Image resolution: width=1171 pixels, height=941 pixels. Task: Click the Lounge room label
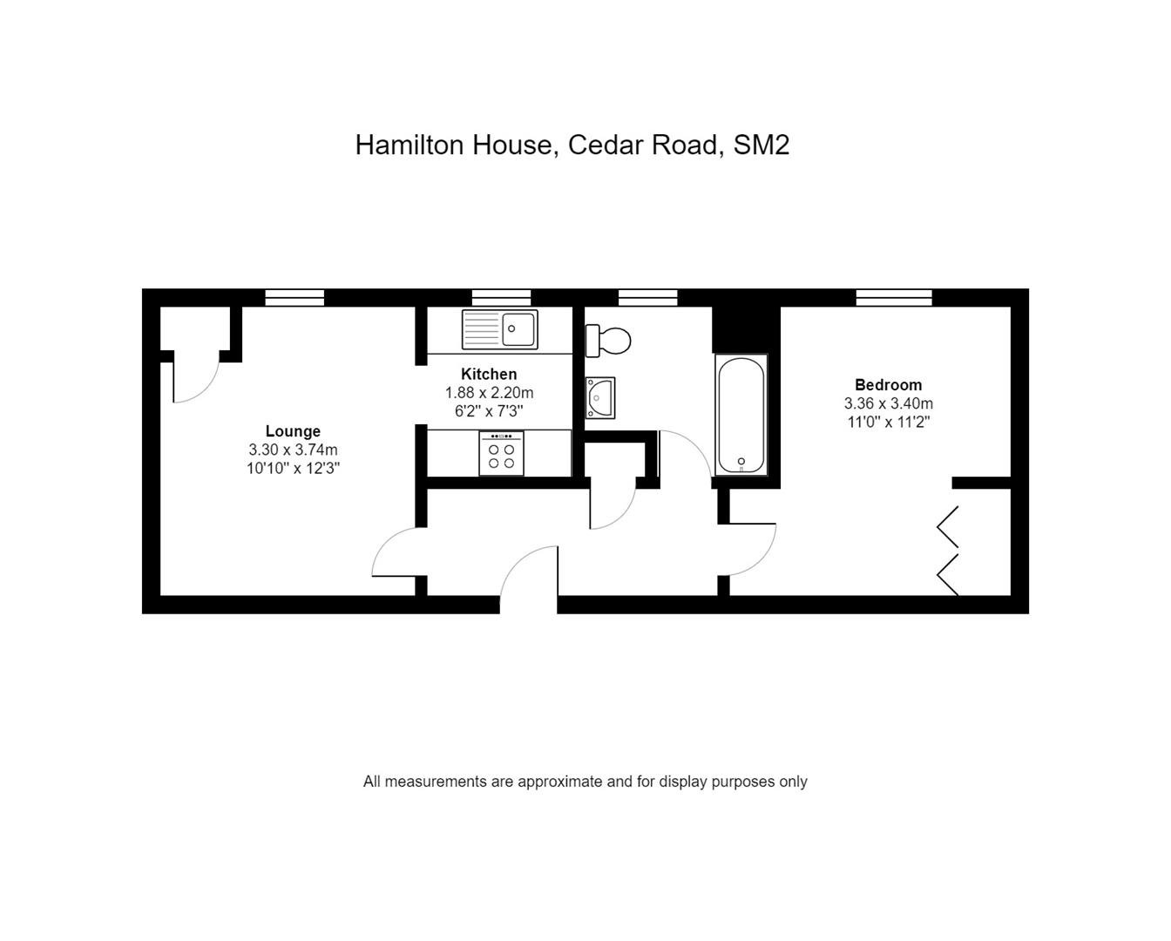[x=293, y=431]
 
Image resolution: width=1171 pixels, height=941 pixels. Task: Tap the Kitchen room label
[x=489, y=374]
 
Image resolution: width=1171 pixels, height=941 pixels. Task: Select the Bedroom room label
[x=889, y=385]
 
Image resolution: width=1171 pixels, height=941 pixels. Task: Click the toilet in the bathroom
[x=607, y=341]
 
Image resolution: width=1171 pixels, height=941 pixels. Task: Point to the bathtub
[x=741, y=415]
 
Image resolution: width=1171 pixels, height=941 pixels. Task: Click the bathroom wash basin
[x=600, y=398]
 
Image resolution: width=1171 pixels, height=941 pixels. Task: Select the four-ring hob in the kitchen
[x=501, y=453]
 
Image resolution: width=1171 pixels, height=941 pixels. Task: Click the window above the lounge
[x=294, y=297]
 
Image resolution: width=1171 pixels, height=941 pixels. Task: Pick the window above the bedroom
[x=893, y=297]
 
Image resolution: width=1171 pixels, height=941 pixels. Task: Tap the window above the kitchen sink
[x=501, y=297]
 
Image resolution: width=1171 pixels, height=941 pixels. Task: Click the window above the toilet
[x=647, y=297]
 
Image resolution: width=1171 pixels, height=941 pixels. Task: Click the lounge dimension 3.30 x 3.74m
[x=293, y=450]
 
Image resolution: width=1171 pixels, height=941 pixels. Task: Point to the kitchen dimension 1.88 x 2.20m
[x=489, y=392]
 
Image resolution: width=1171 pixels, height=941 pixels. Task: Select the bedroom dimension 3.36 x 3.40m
[x=889, y=403]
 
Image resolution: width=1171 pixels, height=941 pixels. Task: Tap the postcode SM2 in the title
[x=761, y=145]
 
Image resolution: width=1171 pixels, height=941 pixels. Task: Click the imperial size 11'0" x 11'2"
[x=889, y=422]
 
